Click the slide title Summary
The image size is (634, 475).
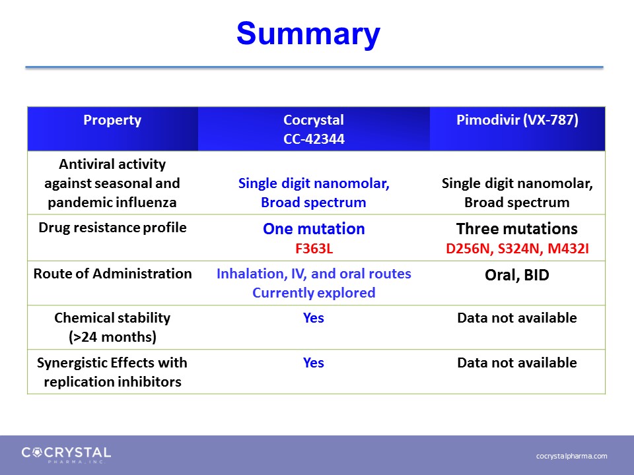click(x=308, y=34)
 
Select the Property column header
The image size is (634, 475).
click(x=112, y=120)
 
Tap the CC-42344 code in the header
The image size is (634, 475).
click(x=314, y=139)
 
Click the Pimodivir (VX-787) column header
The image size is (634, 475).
click(x=517, y=120)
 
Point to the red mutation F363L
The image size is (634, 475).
click(x=314, y=249)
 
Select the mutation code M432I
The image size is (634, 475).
click(x=568, y=249)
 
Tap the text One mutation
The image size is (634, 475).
click(x=314, y=229)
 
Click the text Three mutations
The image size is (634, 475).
click(x=516, y=229)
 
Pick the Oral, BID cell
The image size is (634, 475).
click(x=516, y=275)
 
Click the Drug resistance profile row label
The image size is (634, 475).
click(x=112, y=228)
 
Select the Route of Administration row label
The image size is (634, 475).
click(x=112, y=274)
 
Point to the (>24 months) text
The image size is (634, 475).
click(x=112, y=337)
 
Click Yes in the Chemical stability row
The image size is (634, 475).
click(x=313, y=318)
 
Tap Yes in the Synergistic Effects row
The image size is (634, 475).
click(x=313, y=363)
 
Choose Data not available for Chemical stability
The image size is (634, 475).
click(x=516, y=318)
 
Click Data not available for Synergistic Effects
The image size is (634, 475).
click(x=516, y=363)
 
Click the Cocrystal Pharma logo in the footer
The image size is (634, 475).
click(x=66, y=455)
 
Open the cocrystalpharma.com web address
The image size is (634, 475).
click(x=571, y=456)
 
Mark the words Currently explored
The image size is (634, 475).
click(x=314, y=293)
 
